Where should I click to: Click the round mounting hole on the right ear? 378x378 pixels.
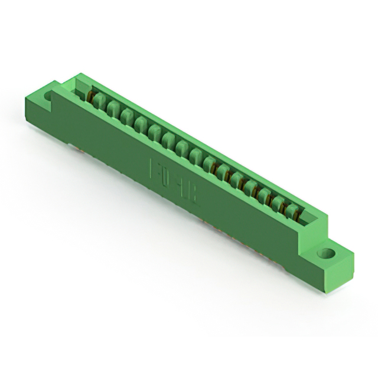[325, 254]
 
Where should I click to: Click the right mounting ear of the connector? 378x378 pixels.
[331, 260]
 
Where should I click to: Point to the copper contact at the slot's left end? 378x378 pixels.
[90, 94]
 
